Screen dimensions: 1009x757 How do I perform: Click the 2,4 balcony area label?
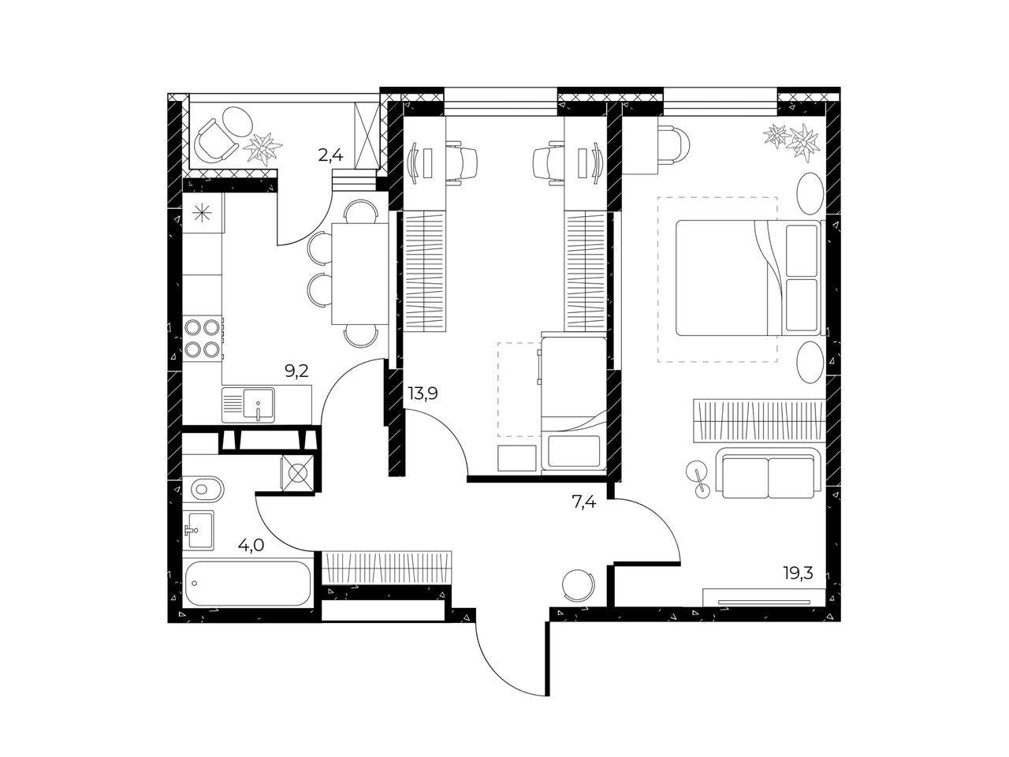(x=330, y=156)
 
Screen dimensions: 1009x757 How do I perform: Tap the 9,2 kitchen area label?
(x=296, y=371)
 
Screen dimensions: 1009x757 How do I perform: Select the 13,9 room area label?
(x=423, y=393)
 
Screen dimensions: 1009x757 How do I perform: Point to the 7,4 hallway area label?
(x=584, y=502)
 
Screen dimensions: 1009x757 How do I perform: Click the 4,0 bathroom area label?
(x=251, y=545)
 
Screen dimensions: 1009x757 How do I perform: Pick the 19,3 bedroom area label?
(x=799, y=572)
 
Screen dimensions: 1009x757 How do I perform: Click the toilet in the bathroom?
(x=203, y=489)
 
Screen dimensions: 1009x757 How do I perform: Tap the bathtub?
(x=248, y=583)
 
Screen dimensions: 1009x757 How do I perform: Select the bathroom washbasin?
(x=199, y=530)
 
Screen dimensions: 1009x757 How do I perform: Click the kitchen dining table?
(x=360, y=274)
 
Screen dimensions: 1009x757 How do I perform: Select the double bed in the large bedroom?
(x=748, y=278)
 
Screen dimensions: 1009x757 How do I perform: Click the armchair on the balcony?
(x=214, y=140)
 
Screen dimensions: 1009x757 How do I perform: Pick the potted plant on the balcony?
(x=262, y=148)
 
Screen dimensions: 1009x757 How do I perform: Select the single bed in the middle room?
(x=574, y=403)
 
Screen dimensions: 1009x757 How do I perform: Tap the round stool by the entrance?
(x=578, y=584)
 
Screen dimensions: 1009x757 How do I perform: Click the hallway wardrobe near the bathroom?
(x=386, y=568)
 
